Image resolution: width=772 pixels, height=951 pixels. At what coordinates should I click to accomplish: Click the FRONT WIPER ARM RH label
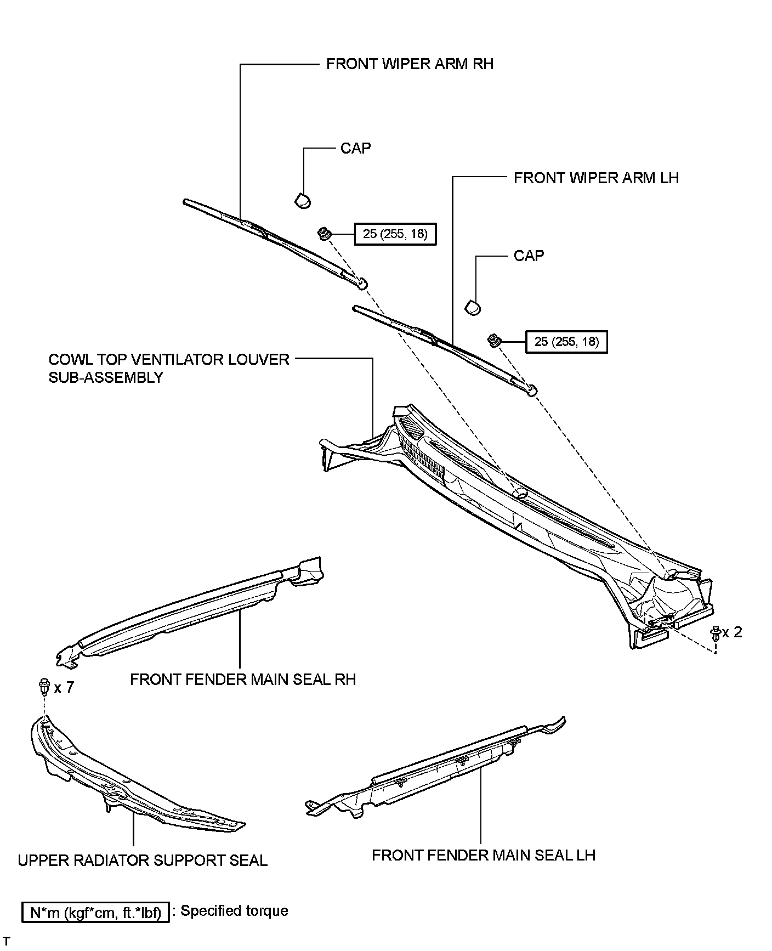coord(410,64)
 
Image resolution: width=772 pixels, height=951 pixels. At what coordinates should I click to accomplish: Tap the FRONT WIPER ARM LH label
coord(596,178)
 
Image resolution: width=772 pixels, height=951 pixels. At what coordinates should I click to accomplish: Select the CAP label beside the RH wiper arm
coord(355,148)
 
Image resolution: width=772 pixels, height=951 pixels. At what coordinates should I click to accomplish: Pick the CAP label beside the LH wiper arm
coord(529,256)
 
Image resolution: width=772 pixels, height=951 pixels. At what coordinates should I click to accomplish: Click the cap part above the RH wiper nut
coord(303,200)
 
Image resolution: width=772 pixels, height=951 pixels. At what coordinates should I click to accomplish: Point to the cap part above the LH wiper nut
coord(473,307)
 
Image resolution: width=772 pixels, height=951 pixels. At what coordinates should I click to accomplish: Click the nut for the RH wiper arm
coord(324,234)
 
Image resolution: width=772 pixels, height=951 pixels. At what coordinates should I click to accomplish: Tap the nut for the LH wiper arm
coord(494,341)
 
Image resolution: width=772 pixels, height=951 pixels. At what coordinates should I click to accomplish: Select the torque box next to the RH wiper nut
coord(395,234)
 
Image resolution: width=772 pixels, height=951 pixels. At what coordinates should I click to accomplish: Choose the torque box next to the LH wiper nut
coord(566,342)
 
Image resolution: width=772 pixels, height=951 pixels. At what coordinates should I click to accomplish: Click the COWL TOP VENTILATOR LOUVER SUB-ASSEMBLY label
coord(168,368)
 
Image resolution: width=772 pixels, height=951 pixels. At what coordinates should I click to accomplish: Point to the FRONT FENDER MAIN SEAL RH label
coord(243,680)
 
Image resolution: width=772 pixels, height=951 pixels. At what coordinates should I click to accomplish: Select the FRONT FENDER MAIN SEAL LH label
coord(483,855)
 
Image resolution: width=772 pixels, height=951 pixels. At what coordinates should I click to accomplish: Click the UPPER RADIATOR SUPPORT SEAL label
coord(143,861)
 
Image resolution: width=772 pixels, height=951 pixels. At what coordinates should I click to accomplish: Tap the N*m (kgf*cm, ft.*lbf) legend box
coord(95,913)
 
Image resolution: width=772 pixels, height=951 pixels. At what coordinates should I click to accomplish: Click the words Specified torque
coord(234,911)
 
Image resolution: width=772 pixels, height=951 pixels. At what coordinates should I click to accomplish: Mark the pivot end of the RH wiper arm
coord(361,283)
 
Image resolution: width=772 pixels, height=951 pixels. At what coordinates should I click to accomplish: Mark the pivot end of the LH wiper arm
coord(531,390)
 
